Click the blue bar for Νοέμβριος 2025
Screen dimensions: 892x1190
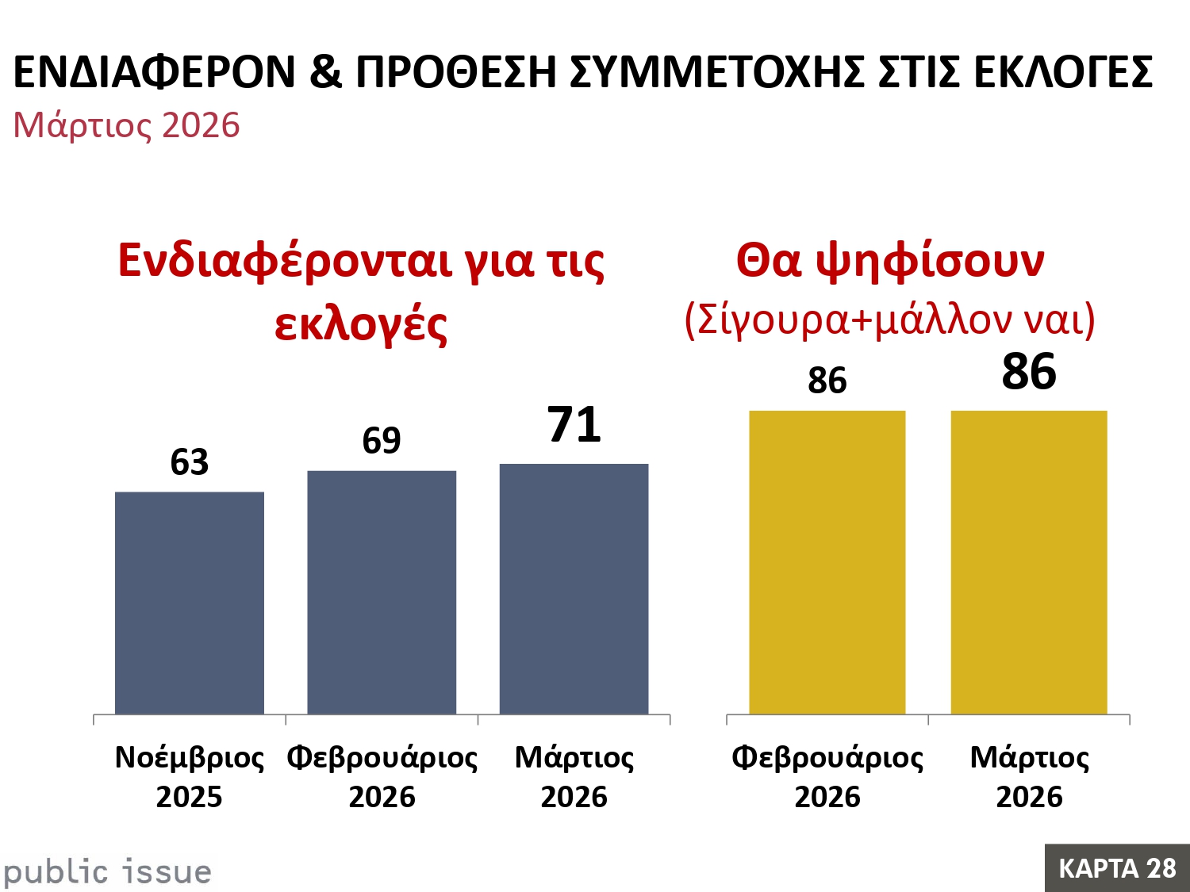[x=190, y=603]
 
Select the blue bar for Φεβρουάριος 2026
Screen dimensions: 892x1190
[x=382, y=592]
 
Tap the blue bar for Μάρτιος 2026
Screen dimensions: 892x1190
[x=574, y=588]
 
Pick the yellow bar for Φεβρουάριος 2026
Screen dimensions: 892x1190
[x=827, y=562]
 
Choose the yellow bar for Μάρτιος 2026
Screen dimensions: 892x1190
[x=1029, y=562]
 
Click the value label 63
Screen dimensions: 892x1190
[x=190, y=462]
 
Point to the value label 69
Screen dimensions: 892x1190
[x=382, y=441]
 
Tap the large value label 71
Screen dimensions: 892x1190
[x=574, y=425]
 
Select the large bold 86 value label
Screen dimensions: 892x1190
[x=1029, y=372]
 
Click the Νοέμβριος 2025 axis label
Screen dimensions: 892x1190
[x=190, y=777]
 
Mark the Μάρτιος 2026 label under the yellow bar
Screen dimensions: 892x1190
[x=1029, y=777]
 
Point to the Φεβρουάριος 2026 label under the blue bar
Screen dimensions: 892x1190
[x=382, y=777]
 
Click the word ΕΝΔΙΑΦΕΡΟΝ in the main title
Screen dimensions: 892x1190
[x=155, y=72]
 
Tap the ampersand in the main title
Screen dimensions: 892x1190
[x=325, y=72]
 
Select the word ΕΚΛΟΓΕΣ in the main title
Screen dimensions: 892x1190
[x=1063, y=72]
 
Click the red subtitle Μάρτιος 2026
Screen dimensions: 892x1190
[x=126, y=125]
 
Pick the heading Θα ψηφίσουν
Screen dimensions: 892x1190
[x=889, y=260]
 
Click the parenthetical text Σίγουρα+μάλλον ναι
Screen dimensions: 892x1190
[x=889, y=319]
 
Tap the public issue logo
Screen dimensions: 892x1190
[x=108, y=871]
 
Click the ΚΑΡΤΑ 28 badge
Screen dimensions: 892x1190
[x=1117, y=868]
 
